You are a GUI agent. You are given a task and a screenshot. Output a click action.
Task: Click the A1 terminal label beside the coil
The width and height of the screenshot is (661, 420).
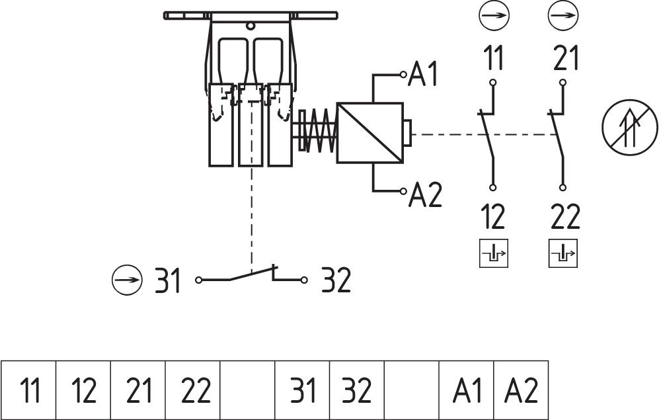click(x=423, y=74)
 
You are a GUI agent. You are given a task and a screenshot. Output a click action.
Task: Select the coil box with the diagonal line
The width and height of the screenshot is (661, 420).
click(x=369, y=133)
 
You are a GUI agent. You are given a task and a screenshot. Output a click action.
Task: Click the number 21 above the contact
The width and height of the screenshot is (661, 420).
click(x=565, y=59)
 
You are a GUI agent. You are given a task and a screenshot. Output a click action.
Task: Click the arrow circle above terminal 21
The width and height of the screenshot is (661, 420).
click(x=564, y=15)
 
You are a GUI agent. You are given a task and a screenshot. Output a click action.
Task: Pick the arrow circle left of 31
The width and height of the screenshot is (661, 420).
click(x=126, y=280)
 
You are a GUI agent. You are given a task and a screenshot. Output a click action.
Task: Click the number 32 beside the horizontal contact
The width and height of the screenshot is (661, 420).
click(x=336, y=281)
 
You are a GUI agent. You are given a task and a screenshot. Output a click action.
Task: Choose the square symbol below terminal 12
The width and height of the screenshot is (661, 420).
click(x=494, y=254)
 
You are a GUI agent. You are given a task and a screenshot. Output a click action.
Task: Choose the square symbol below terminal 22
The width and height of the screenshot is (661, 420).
click(x=563, y=254)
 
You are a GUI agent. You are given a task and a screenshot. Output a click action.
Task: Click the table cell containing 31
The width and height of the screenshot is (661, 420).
click(x=302, y=390)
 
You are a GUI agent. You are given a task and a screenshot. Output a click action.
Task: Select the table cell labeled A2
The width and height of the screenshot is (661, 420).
click(x=522, y=390)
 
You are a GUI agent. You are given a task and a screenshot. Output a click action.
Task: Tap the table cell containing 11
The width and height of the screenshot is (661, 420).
click(x=29, y=390)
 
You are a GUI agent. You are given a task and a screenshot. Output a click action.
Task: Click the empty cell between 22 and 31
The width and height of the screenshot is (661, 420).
click(x=247, y=390)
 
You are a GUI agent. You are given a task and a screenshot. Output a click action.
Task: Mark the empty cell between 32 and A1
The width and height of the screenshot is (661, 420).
click(x=412, y=390)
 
